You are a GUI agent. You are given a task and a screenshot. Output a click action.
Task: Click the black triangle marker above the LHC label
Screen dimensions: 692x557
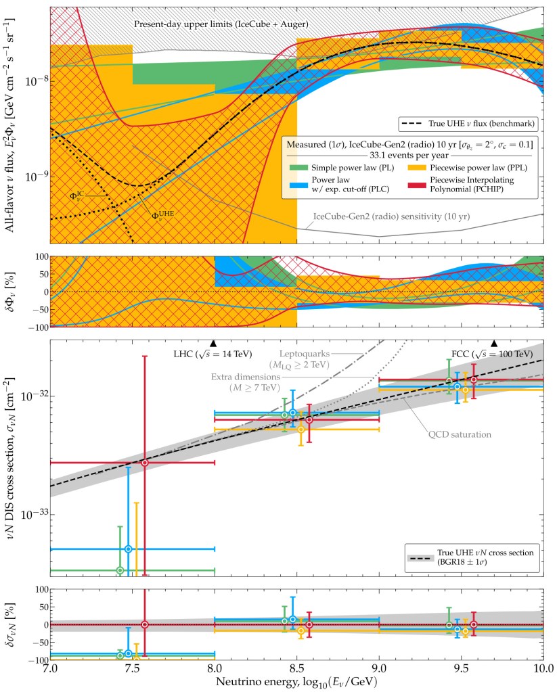(214, 344)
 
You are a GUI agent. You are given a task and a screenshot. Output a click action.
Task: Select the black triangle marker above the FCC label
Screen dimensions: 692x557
(494, 344)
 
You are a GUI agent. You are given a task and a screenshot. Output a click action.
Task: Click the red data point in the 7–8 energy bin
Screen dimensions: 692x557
(144, 462)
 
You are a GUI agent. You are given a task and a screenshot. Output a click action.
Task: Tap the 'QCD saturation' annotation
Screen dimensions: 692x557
(459, 434)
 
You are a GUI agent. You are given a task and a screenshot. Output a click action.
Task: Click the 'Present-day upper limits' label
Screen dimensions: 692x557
(221, 24)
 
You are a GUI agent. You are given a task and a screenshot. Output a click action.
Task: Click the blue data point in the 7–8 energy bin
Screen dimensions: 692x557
(128, 549)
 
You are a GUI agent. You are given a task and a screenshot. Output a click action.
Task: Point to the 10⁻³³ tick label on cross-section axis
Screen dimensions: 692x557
(34, 514)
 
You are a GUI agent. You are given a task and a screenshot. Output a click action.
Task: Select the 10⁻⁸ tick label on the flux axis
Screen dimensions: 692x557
(34, 81)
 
